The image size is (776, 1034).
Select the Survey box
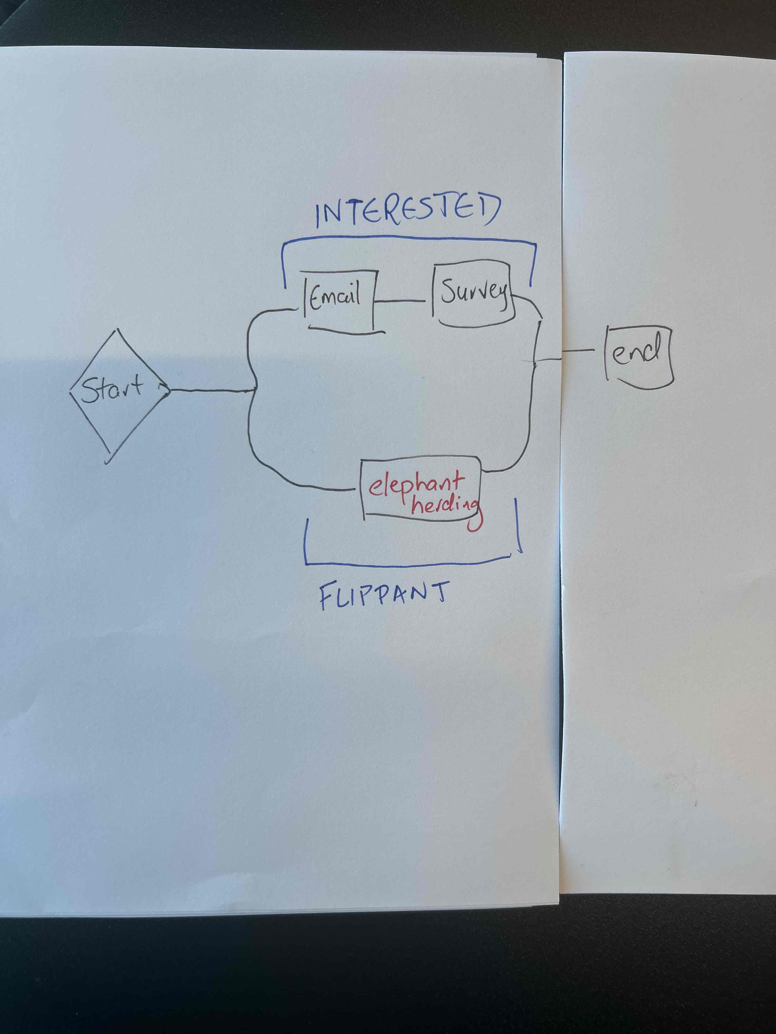coord(473,294)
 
